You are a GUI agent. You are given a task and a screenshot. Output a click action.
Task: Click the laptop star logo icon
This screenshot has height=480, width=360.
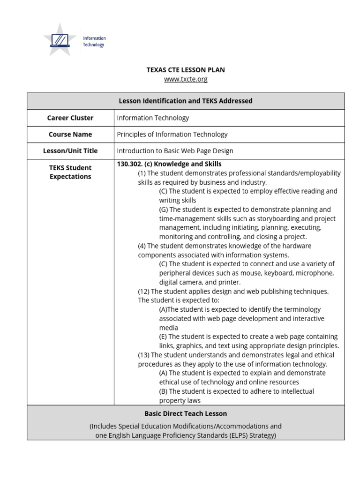point(60,40)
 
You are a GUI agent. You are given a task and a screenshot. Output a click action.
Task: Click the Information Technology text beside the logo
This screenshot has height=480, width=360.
point(94,41)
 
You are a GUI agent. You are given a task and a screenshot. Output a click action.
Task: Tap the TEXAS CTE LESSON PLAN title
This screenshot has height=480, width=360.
point(186,70)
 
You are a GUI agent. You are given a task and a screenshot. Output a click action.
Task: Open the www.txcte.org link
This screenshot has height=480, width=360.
point(186,79)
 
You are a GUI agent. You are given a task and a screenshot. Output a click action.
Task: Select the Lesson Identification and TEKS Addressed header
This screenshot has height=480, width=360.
point(186,101)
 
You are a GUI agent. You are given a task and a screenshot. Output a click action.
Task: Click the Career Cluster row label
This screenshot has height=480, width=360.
point(70,118)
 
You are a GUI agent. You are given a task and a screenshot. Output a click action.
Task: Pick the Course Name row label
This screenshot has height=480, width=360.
point(70,135)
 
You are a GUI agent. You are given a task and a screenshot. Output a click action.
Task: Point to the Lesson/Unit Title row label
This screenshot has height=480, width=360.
point(70,151)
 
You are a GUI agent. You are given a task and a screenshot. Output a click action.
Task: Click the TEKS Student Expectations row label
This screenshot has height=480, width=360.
point(70,172)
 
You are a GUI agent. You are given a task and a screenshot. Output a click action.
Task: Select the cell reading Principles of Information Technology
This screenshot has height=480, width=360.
point(172,135)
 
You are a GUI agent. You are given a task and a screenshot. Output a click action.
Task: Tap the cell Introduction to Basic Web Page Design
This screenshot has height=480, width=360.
point(175,151)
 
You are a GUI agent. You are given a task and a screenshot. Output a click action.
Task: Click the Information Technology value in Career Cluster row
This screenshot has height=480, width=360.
point(153,118)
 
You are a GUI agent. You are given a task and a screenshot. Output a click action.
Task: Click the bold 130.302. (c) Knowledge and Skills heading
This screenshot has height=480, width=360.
point(169,164)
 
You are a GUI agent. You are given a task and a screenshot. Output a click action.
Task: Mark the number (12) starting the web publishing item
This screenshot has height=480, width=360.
point(143,292)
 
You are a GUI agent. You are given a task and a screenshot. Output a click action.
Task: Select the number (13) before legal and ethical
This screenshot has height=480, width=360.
point(143,355)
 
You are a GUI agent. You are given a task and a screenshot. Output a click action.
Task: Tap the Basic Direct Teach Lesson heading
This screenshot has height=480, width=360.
point(186,414)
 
